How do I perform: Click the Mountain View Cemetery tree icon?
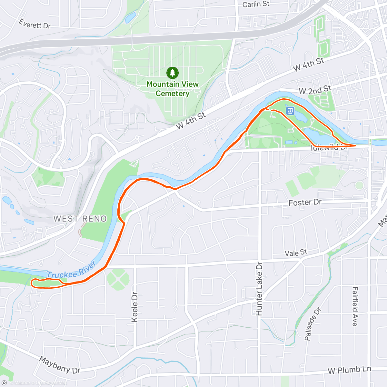pyautogui.click(x=173, y=73)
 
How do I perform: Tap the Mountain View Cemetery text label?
pyautogui.click(x=173, y=89)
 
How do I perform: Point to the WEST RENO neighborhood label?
pyautogui.click(x=80, y=219)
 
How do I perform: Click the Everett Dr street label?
pyautogui.click(x=35, y=24)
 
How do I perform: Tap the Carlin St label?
pyautogui.click(x=256, y=4)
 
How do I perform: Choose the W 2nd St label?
pyautogui.click(x=315, y=90)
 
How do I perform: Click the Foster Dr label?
pyautogui.click(x=305, y=203)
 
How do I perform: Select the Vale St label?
pyautogui.click(x=296, y=253)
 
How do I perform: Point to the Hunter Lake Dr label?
pyautogui.click(x=259, y=289)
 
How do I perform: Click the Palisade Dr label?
pyautogui.click(x=313, y=324)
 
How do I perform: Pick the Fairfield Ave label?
pyautogui.click(x=355, y=306)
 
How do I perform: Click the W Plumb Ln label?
pyautogui.click(x=349, y=370)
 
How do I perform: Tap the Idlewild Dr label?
pyautogui.click(x=329, y=148)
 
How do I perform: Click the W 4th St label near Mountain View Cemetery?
pyautogui.click(x=191, y=121)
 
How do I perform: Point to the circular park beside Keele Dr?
pyautogui.click(x=118, y=279)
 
